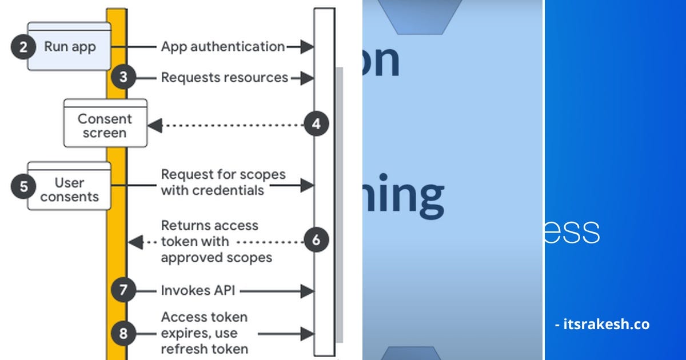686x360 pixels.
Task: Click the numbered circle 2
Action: [x=23, y=46]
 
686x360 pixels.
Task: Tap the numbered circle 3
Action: [x=123, y=77]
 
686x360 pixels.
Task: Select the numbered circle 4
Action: [x=316, y=123]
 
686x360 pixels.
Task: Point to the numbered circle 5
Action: [x=23, y=186]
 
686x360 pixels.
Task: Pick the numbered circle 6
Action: [x=316, y=241]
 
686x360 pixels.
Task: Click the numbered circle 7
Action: [x=123, y=290]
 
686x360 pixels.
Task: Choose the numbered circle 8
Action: [x=123, y=333]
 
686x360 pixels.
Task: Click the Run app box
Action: [x=70, y=47]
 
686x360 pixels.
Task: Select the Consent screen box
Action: [x=105, y=125]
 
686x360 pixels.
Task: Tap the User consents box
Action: [x=70, y=189]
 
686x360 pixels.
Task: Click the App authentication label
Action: [x=222, y=47]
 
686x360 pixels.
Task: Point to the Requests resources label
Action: [x=224, y=77]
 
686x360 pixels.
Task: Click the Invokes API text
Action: [x=198, y=291]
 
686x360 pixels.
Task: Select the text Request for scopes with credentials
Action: [x=223, y=182]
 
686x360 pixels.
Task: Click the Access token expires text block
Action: [x=204, y=333]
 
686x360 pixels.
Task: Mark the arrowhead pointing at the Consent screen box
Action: [x=155, y=125]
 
